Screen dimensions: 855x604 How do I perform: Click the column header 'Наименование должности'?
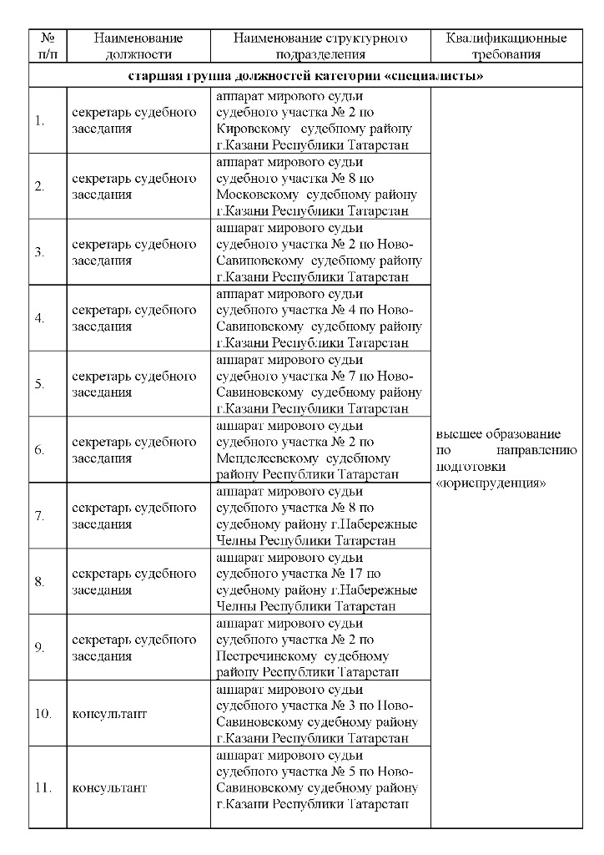point(138,46)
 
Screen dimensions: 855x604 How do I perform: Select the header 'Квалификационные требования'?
point(506,46)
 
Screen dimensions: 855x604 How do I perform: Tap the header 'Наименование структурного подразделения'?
point(320,46)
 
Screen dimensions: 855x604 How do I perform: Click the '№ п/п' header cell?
point(48,46)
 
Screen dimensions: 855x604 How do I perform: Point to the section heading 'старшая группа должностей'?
point(307,77)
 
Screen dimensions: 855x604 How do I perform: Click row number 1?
point(39,121)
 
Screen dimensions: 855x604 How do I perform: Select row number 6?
point(39,450)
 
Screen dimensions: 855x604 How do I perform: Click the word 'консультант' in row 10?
point(109,714)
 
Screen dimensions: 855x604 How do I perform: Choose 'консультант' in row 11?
point(109,787)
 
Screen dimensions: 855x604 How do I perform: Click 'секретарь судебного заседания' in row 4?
point(133,318)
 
